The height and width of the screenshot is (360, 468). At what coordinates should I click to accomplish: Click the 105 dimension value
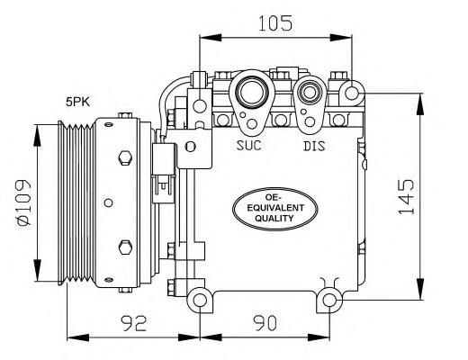275,23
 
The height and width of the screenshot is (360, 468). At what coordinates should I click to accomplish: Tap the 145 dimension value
406,197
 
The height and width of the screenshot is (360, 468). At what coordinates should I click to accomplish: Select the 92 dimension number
134,323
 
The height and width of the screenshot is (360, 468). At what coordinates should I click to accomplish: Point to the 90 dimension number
265,323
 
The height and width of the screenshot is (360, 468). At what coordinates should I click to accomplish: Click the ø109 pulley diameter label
24,202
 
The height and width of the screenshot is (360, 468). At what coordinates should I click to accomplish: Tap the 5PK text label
77,103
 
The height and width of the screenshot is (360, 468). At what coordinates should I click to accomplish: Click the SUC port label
248,145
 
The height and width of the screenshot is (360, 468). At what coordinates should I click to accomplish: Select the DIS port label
314,146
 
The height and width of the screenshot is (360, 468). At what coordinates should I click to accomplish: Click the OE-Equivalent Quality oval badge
275,209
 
